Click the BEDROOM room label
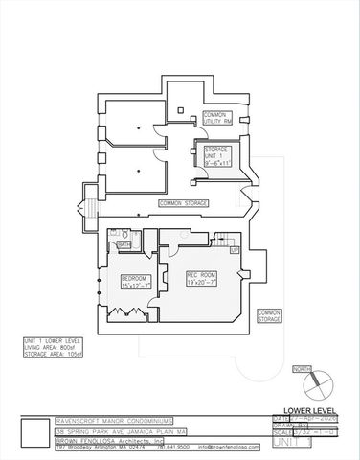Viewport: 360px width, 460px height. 134,282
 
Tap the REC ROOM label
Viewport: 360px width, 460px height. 201,280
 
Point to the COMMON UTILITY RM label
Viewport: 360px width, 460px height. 217,118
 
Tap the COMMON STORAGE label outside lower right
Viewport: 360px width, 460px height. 268,314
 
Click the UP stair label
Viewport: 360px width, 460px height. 233,249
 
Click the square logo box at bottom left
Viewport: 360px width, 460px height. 34,430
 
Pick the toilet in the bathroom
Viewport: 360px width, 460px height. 112,235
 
